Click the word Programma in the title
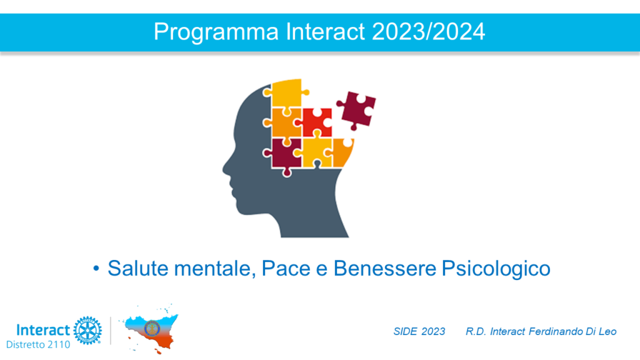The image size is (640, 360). point(216,32)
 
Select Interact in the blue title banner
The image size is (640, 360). point(325,31)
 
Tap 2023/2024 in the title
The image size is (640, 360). point(429,31)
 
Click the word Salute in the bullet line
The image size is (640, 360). point(138,269)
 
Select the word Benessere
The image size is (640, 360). point(385,269)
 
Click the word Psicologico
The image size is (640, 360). point(496,269)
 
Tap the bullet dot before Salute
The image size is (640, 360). point(96,269)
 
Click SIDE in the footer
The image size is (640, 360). point(405,331)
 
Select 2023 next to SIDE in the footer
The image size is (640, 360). point(433,331)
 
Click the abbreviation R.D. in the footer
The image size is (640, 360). point(476,331)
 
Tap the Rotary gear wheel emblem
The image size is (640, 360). point(87,330)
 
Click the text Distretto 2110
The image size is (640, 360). point(38,345)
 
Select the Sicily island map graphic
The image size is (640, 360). point(151,329)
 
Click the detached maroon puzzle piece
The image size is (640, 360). point(356,110)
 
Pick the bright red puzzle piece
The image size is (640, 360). point(317,122)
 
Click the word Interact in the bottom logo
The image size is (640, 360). point(43,330)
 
